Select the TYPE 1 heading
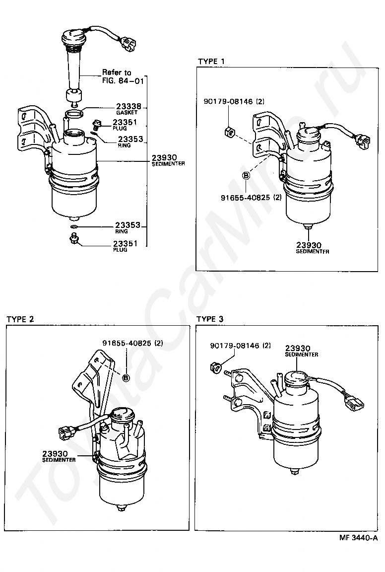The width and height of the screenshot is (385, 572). [211, 61]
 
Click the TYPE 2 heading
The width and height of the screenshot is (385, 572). [20, 319]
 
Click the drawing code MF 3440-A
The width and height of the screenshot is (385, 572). [358, 538]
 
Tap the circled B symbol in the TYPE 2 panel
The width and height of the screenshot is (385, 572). [126, 378]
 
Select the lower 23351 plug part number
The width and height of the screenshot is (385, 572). [126, 243]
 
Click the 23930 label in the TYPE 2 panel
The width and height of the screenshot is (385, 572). [55, 453]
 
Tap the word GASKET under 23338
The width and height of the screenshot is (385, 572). [127, 113]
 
